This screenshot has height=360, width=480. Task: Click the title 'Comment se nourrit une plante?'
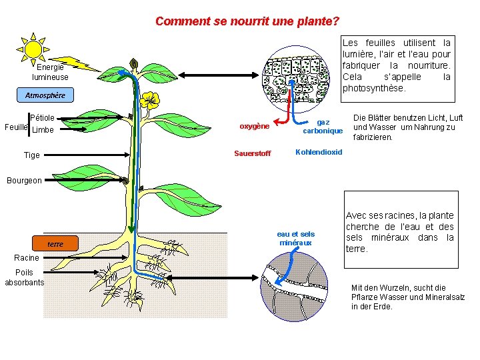pyautogui.click(x=247, y=21)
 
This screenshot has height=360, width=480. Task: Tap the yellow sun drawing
pyautogui.click(x=33, y=48)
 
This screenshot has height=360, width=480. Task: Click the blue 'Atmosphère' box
pyautogui.click(x=45, y=95)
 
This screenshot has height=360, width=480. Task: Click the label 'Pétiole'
pyautogui.click(x=42, y=118)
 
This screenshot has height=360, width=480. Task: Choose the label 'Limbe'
pyautogui.click(x=43, y=129)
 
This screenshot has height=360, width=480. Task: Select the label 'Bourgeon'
pyautogui.click(x=24, y=180)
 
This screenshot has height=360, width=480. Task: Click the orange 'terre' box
pyautogui.click(x=55, y=244)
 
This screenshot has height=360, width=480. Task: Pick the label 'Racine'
pyautogui.click(x=27, y=258)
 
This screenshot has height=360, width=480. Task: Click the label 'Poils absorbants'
pyautogui.click(x=24, y=277)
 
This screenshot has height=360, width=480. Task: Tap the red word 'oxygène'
pyautogui.click(x=254, y=126)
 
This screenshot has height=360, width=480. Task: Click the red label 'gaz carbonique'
pyautogui.click(x=323, y=126)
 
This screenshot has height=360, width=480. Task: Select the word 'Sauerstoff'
pyautogui.click(x=253, y=154)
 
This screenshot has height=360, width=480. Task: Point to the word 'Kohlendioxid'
pyautogui.click(x=318, y=152)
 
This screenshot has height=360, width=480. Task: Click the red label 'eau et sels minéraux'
pyautogui.click(x=295, y=238)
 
